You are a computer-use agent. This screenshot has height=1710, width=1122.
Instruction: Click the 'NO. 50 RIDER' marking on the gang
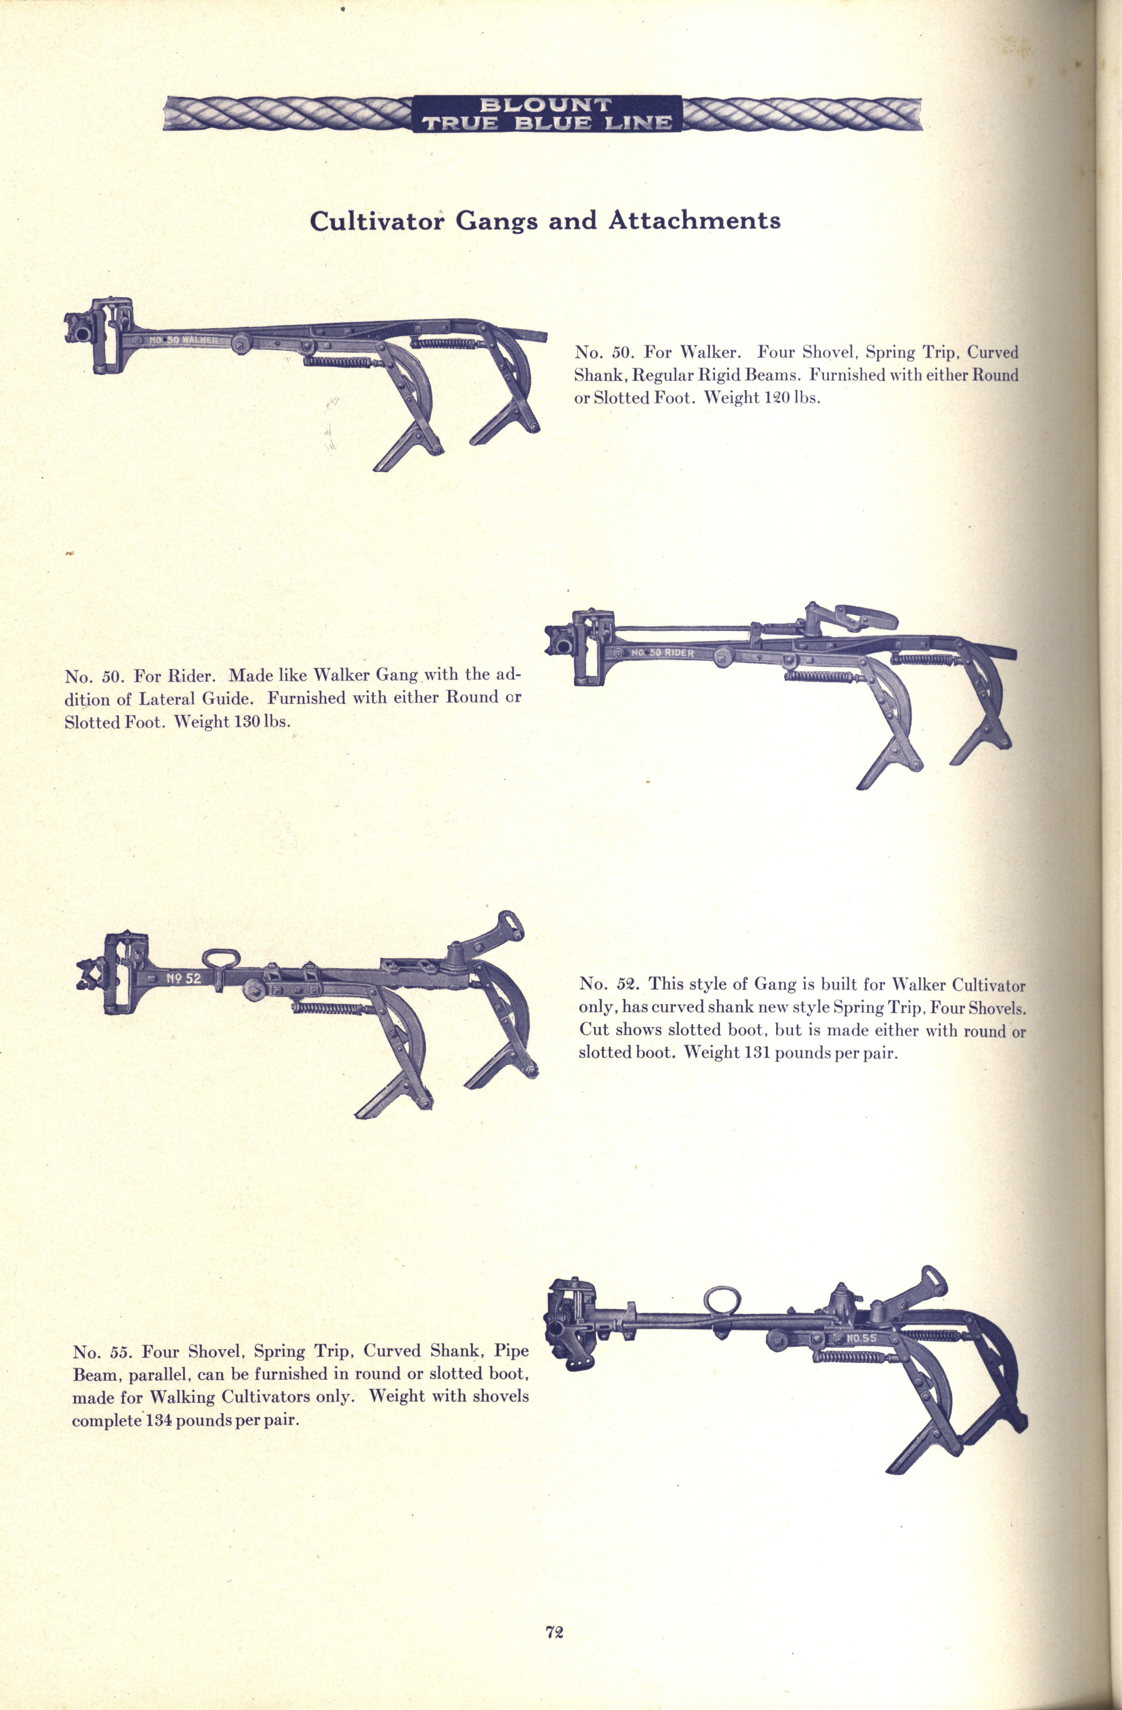662,652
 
